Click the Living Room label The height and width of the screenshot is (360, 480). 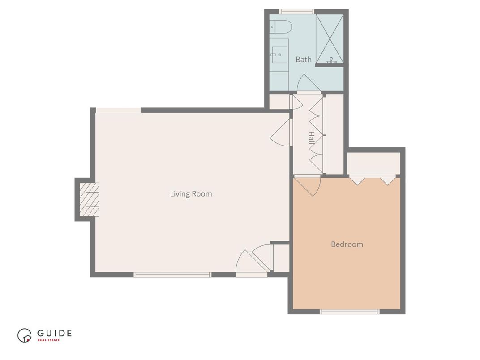191,194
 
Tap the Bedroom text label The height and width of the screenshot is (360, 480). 347,244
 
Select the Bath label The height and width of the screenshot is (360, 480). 304,60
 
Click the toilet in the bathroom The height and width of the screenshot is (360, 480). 281,27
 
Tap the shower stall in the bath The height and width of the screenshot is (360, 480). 330,39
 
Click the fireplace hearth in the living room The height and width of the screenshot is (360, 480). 90,199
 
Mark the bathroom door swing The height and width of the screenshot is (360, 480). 308,84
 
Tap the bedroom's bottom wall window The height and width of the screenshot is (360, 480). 350,311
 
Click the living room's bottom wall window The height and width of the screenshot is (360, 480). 172,274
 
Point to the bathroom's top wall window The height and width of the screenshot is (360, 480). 296,12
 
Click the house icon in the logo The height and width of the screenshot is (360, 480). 25,335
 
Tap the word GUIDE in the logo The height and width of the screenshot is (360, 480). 54,333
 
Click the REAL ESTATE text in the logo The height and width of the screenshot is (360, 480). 48,340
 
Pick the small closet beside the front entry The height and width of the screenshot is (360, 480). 281,258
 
